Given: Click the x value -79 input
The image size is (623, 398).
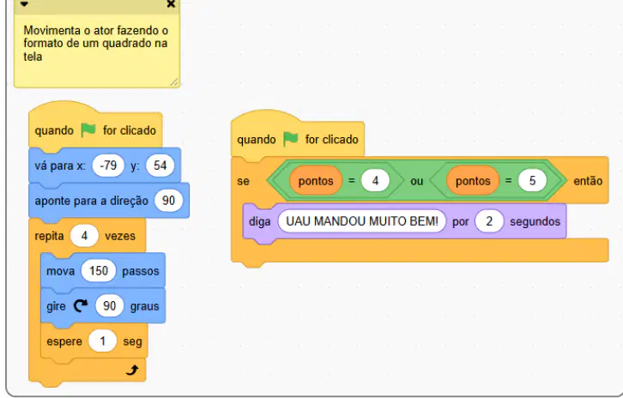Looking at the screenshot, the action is (x=108, y=166).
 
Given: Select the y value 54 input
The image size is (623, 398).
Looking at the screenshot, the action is (x=160, y=166).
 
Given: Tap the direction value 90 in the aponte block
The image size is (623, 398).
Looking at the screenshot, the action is (x=168, y=201).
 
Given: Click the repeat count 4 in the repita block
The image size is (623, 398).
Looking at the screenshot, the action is (x=84, y=236).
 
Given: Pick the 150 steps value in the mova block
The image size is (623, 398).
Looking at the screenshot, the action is (x=99, y=271).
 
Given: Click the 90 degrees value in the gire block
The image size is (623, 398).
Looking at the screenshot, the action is (x=110, y=306).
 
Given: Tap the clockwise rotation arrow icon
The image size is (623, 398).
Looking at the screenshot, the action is (x=81, y=305).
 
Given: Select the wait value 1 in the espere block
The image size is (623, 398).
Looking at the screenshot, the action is (x=102, y=341).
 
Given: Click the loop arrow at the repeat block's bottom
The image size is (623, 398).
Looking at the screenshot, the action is (x=132, y=371).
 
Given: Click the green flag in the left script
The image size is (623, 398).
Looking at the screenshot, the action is (x=88, y=130).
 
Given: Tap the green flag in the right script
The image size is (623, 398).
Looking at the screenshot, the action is (x=290, y=139).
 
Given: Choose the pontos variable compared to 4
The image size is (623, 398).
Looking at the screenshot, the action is (x=316, y=181).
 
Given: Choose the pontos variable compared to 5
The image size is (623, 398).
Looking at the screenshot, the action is (x=473, y=181).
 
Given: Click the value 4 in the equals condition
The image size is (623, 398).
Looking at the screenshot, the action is (x=375, y=181).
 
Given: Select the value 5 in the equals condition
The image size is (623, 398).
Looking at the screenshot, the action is (x=532, y=181).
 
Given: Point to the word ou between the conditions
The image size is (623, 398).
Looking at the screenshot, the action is (x=417, y=181).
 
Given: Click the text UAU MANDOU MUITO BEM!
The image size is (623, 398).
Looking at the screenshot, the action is (x=362, y=221).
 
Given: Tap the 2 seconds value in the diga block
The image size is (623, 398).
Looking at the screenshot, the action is (x=489, y=221).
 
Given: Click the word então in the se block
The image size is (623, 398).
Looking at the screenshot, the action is (x=588, y=181).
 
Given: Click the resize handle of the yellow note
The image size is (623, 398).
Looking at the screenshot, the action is (x=174, y=82).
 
